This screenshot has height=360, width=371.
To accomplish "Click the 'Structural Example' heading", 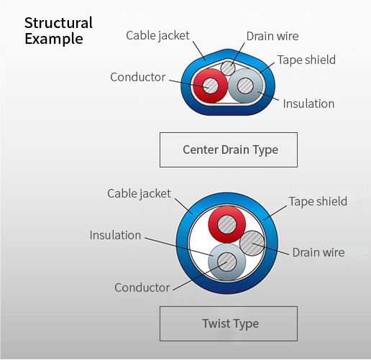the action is click(x=58, y=31).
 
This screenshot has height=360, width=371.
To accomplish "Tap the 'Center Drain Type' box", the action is click(x=229, y=149).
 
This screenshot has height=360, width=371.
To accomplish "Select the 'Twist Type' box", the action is click(x=229, y=323).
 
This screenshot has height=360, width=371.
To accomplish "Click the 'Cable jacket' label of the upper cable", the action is click(x=157, y=36).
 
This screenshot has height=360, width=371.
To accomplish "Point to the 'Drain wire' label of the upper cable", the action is click(x=272, y=36).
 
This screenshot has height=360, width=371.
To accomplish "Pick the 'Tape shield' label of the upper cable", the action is click(x=306, y=60).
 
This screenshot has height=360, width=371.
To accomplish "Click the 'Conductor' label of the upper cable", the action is click(x=138, y=77).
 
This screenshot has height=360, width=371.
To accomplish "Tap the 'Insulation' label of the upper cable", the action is click(x=308, y=103).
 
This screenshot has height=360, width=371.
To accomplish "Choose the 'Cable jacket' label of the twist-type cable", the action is click(x=139, y=193).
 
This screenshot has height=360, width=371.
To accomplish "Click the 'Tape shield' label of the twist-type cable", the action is click(x=318, y=201).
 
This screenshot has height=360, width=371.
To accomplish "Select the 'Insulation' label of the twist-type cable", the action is click(x=115, y=235).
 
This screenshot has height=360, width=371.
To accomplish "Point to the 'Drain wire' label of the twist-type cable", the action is click(x=319, y=252).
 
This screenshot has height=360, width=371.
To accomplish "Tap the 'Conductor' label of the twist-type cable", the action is click(x=142, y=287).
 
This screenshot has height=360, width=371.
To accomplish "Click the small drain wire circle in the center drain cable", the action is click(x=228, y=68).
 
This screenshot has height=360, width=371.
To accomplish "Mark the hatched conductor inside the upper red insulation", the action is click(x=211, y=86).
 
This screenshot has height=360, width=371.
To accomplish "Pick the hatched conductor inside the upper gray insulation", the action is click(x=245, y=86).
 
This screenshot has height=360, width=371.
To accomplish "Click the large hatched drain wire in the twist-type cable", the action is click(x=252, y=243).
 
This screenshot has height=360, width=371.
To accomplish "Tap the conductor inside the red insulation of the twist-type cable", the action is click(x=227, y=224).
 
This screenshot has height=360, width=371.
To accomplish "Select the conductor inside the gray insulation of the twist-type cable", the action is click(x=227, y=262).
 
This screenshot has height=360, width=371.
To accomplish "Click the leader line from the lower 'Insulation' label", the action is click(x=179, y=247).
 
